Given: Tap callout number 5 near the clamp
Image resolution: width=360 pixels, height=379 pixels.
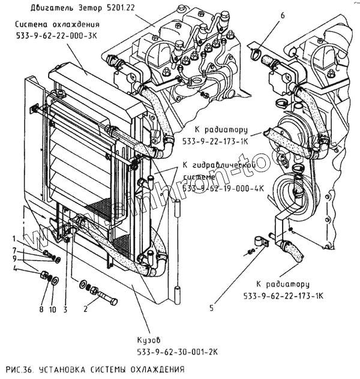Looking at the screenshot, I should pyautogui.click(x=212, y=309).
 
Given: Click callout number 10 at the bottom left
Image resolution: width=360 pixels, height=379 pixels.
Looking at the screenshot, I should pyautogui.click(x=52, y=310).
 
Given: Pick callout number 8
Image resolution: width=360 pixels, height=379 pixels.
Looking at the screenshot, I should pyautogui.click(x=41, y=310).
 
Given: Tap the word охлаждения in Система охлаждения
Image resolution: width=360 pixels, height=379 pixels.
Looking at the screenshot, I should pyautogui.click(x=74, y=25).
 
